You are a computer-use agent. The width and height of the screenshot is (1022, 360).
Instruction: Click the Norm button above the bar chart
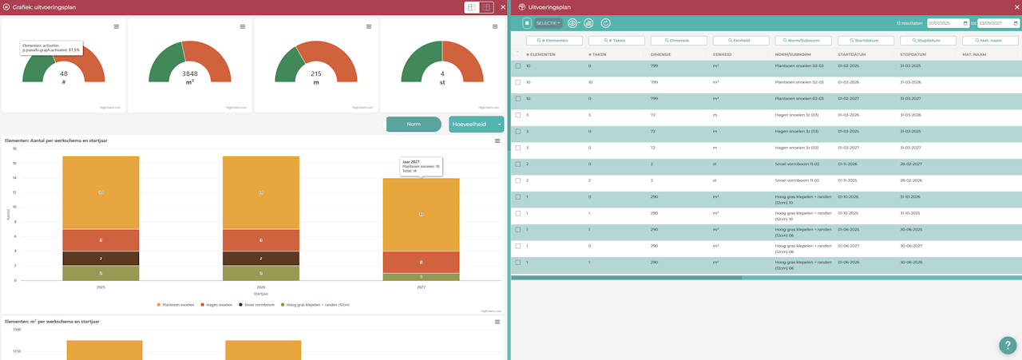(414, 125)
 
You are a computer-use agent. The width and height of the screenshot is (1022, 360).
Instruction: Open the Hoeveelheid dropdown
(476, 125)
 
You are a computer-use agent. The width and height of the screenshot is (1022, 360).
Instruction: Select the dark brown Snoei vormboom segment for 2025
(101, 259)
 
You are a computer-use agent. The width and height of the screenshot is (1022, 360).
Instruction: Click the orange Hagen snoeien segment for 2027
(421, 263)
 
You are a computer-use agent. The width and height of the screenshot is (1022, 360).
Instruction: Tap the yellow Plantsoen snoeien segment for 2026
(261, 192)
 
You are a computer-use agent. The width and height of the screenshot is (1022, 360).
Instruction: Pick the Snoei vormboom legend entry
(255, 304)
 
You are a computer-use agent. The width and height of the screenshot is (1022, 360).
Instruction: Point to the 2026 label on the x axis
(261, 287)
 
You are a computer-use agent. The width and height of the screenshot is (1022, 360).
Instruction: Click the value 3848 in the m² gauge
(190, 73)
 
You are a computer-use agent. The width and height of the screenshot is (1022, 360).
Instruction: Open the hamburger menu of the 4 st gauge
(496, 26)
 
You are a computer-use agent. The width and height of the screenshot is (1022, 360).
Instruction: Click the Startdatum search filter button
(866, 40)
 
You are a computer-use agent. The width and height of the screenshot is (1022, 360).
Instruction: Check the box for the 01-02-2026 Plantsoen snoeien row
(518, 82)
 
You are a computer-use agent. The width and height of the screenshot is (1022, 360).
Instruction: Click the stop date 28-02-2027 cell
(910, 164)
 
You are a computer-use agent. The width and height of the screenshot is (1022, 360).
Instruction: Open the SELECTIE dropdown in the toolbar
(548, 23)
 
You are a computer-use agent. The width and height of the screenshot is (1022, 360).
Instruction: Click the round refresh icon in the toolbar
(606, 23)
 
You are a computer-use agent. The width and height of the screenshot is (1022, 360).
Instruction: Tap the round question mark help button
(1007, 345)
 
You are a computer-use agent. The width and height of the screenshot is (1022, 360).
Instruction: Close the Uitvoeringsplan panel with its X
(1015, 7)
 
